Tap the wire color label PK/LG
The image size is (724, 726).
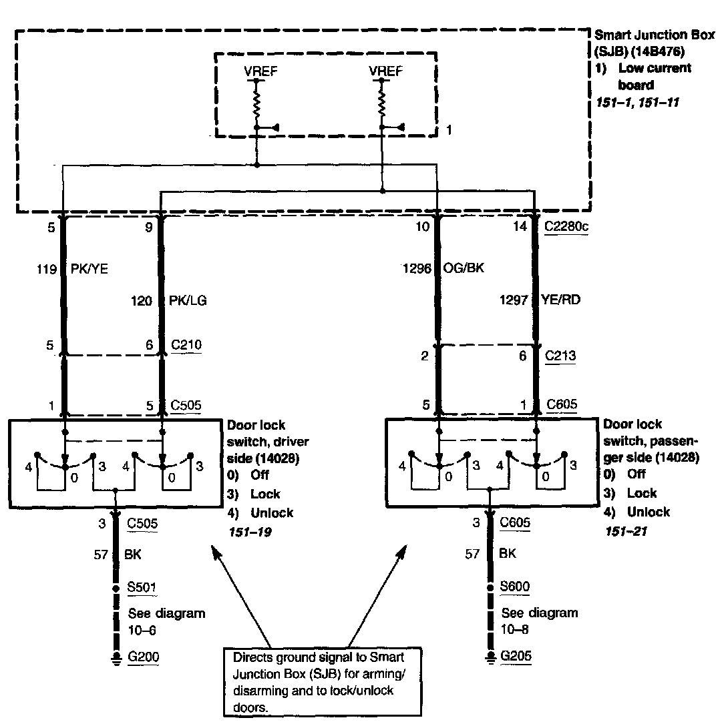coord(188,301)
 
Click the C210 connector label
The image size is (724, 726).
coord(188,345)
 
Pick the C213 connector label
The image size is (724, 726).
coord(560,356)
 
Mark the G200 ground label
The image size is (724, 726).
coord(144,657)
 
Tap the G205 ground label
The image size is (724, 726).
coord(516,657)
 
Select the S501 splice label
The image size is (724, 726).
coord(142,588)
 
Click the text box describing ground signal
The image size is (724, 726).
coord(323,681)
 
